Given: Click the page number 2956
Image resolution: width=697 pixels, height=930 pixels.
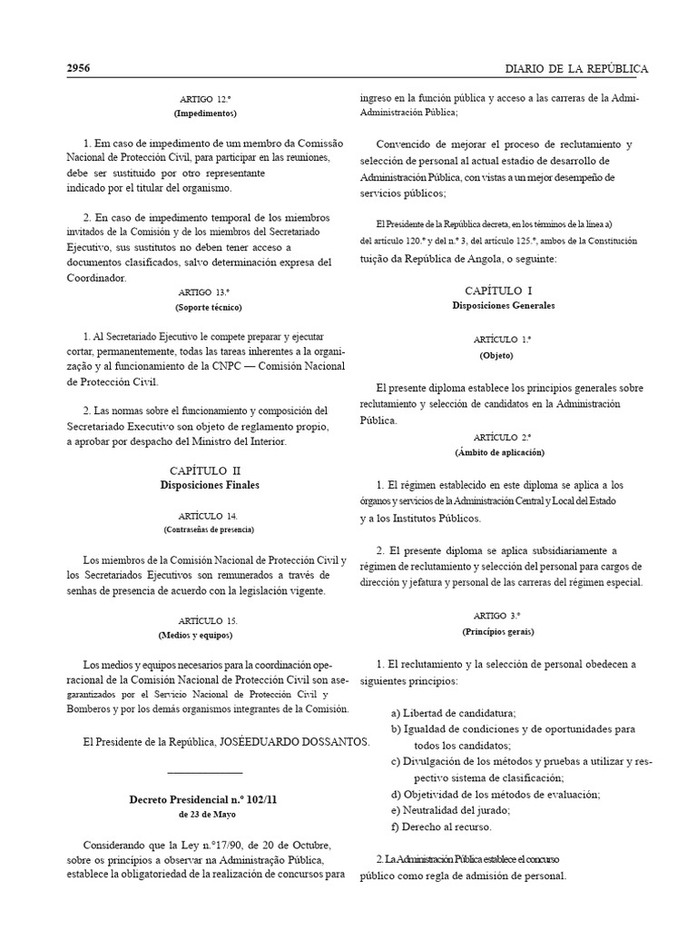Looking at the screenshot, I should click(78, 69).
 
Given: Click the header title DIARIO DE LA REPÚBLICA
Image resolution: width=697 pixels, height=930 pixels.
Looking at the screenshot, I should click(576, 69).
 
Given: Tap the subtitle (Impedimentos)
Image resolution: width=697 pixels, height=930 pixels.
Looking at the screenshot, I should click(204, 114).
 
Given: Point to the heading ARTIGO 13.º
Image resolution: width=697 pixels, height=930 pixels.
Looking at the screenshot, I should click(204, 292).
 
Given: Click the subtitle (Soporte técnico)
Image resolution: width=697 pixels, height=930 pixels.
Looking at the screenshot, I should click(204, 307).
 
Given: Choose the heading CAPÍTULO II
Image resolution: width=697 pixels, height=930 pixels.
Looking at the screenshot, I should click(205, 470).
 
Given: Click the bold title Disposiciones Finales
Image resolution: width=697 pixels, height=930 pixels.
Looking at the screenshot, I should click(205, 485).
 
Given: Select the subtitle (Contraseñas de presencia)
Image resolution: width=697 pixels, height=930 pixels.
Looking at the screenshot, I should click(208, 529).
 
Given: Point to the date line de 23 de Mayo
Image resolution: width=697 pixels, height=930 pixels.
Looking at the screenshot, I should click(204, 814).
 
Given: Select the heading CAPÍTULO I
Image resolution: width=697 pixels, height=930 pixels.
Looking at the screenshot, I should click(505, 290).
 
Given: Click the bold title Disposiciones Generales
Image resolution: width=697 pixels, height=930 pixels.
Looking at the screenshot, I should click(505, 305).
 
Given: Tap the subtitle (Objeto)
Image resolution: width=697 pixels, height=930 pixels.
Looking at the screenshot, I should click(505, 354).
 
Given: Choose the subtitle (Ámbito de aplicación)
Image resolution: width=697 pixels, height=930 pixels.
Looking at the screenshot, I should click(505, 451).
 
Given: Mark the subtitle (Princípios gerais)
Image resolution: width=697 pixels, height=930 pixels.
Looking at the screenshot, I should click(505, 630).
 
